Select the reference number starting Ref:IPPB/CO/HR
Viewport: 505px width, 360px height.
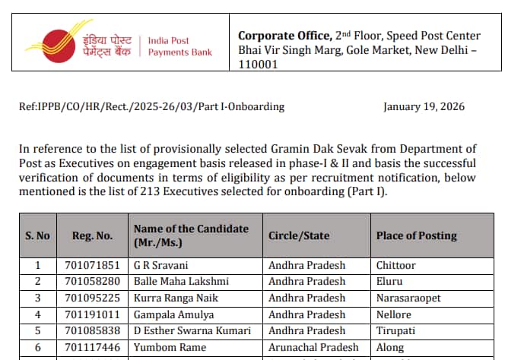tap(151, 106)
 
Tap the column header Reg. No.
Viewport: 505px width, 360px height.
tap(92, 235)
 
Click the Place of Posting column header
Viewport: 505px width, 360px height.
tap(416, 235)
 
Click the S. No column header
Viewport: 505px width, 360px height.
tap(37, 235)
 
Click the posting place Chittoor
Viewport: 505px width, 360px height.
tap(395, 266)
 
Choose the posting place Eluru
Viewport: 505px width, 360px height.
tap(389, 282)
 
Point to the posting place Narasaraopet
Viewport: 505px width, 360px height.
tap(408, 298)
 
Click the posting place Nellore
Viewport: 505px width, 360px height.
tap(393, 314)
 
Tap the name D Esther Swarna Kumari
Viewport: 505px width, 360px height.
tap(192, 330)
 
